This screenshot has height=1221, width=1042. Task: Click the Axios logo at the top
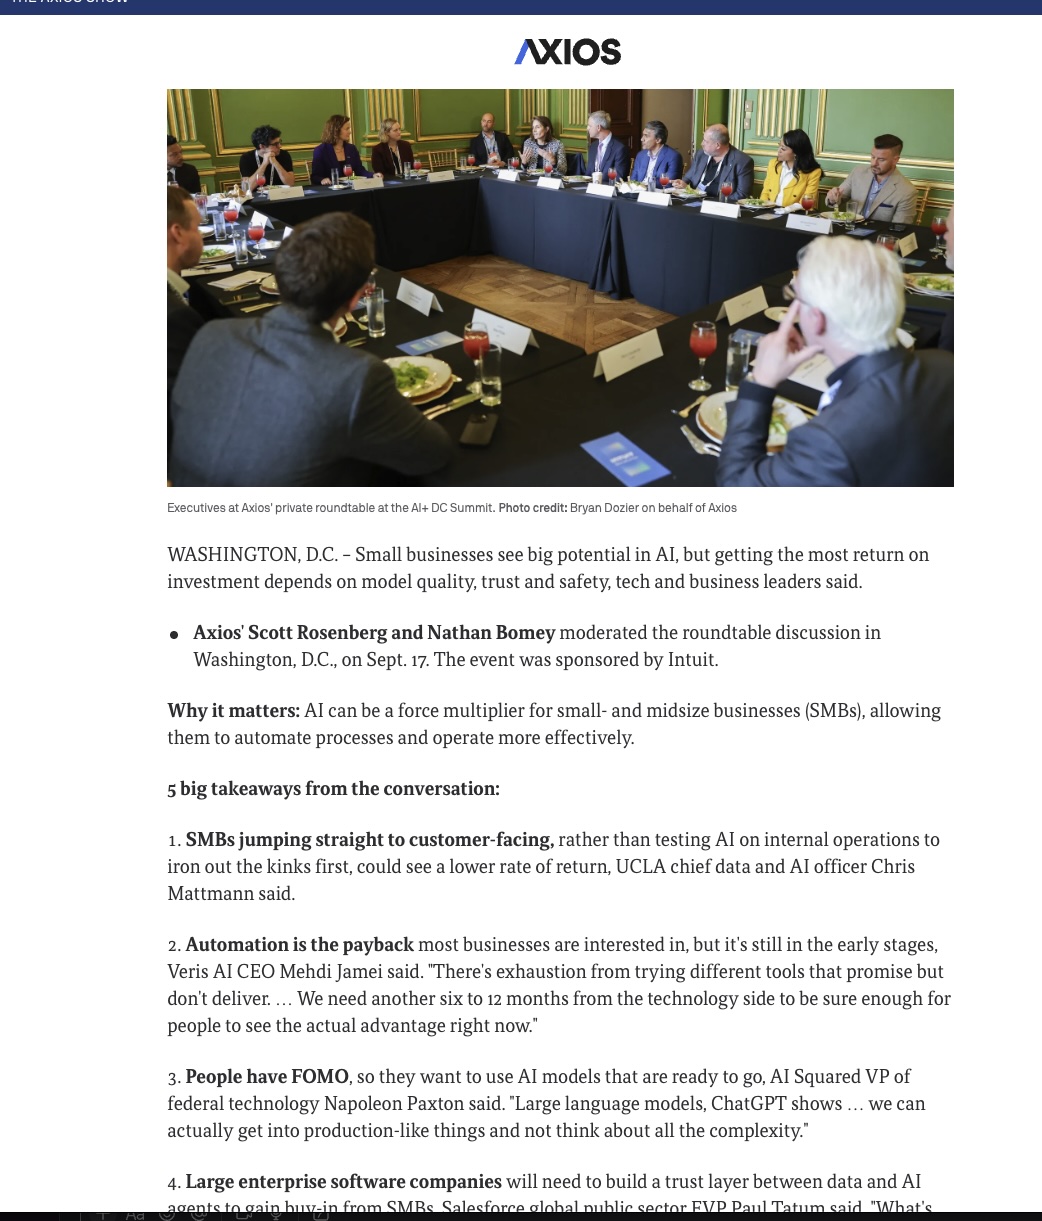(567, 52)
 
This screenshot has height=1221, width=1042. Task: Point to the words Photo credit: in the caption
(532, 508)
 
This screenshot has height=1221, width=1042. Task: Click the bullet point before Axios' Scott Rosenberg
(174, 635)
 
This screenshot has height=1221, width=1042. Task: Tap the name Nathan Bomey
(491, 633)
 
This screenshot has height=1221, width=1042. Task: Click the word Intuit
(692, 660)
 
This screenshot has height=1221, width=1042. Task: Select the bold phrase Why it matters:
(233, 711)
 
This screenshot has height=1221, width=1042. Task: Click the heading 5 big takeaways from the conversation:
(333, 789)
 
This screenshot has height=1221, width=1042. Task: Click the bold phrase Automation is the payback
(299, 945)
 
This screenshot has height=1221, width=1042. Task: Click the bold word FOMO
(319, 1077)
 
